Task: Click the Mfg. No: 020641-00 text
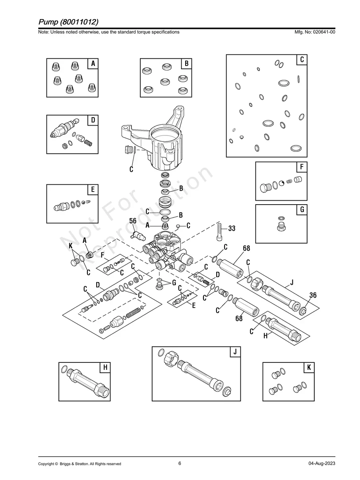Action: tap(314, 32)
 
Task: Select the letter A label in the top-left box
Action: tap(93, 64)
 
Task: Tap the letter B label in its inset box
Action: tap(186, 64)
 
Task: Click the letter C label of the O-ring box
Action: tap(302, 60)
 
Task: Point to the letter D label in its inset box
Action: tap(93, 120)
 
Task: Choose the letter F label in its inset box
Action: tap(302, 167)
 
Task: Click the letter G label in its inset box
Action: tap(302, 210)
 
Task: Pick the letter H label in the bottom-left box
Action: tap(105, 368)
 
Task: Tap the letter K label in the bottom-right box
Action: tap(308, 368)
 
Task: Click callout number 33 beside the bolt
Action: tap(232, 228)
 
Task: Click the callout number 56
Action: tap(133, 221)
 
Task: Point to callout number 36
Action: tap(313, 295)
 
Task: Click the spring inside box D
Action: tap(90, 142)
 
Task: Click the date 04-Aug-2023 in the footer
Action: tap(321, 464)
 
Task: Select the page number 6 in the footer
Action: tap(180, 463)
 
